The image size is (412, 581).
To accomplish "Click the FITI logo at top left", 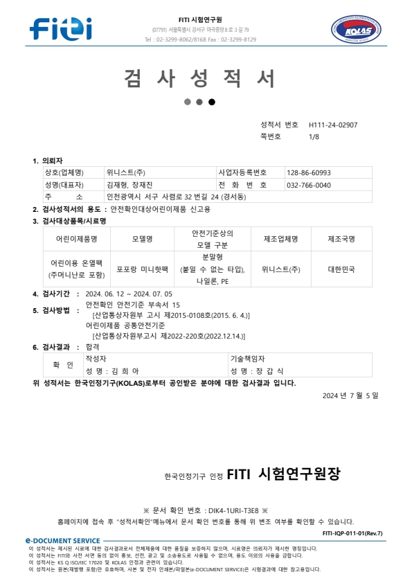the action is [x=61, y=28].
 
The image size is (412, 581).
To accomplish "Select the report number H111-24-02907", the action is [x=333, y=125].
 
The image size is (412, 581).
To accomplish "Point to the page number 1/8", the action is [x=314, y=137].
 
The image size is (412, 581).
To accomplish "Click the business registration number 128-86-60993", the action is [x=309, y=172].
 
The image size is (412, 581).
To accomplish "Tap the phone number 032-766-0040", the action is [x=309, y=185].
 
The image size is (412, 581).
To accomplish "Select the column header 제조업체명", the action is [x=280, y=239].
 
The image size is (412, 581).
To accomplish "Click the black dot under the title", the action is [x=212, y=102].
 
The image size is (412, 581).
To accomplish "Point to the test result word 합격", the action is [x=93, y=346].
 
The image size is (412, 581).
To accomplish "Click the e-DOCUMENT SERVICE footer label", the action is [x=62, y=540].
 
